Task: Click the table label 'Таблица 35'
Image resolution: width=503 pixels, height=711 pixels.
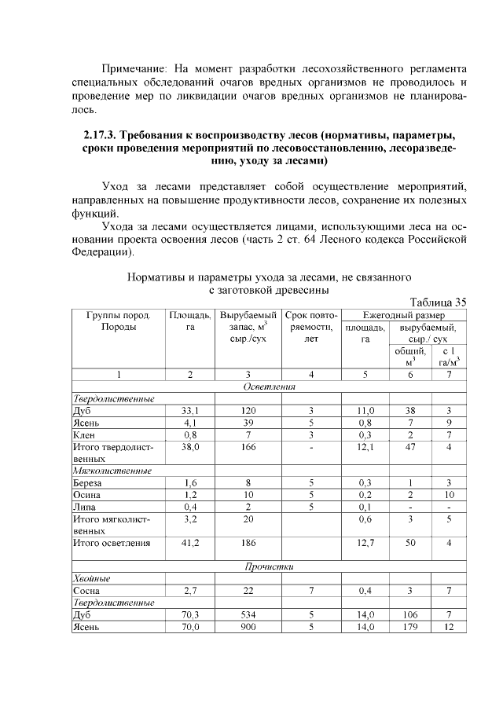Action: [x=439, y=301]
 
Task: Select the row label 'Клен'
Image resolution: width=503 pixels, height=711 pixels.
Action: [x=83, y=434]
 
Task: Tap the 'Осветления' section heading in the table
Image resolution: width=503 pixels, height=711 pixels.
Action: [x=270, y=387]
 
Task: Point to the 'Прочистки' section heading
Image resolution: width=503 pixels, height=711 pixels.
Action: [x=270, y=566]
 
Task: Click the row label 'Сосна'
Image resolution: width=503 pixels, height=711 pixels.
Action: [x=86, y=590]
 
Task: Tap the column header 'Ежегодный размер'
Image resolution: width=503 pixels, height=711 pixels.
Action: [x=404, y=314]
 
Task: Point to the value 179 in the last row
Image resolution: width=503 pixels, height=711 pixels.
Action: [x=409, y=627]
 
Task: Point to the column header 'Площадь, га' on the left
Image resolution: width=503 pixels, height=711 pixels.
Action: [x=189, y=321]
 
